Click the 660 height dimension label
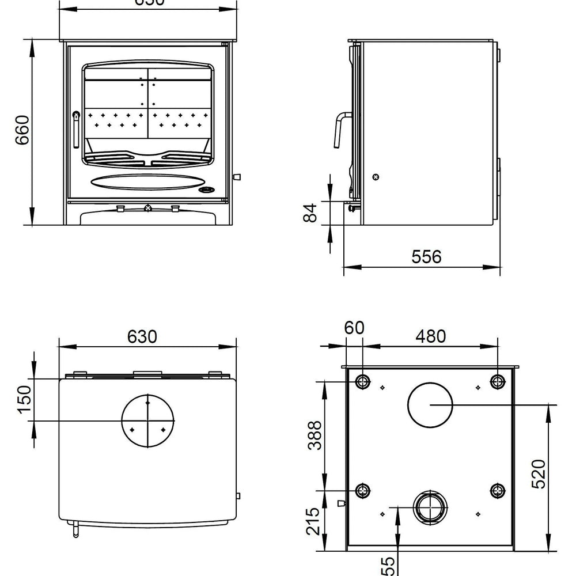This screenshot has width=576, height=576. pyautogui.click(x=22, y=131)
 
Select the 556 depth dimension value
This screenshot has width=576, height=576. pyautogui.click(x=427, y=256)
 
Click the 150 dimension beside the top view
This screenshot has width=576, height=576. pyautogui.click(x=23, y=399)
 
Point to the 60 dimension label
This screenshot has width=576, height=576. pyautogui.click(x=354, y=328)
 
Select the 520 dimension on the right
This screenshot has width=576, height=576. pyautogui.click(x=538, y=473)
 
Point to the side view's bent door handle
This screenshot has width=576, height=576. pyautogui.click(x=338, y=130)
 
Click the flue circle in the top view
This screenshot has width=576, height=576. pyautogui.click(x=148, y=420)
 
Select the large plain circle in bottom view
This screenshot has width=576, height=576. pyautogui.click(x=430, y=404)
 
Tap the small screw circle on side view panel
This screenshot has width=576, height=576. pyautogui.click(x=376, y=177)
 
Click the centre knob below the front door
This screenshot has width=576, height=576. pyautogui.click(x=148, y=207)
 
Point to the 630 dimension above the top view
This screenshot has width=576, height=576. pyautogui.click(x=142, y=336)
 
